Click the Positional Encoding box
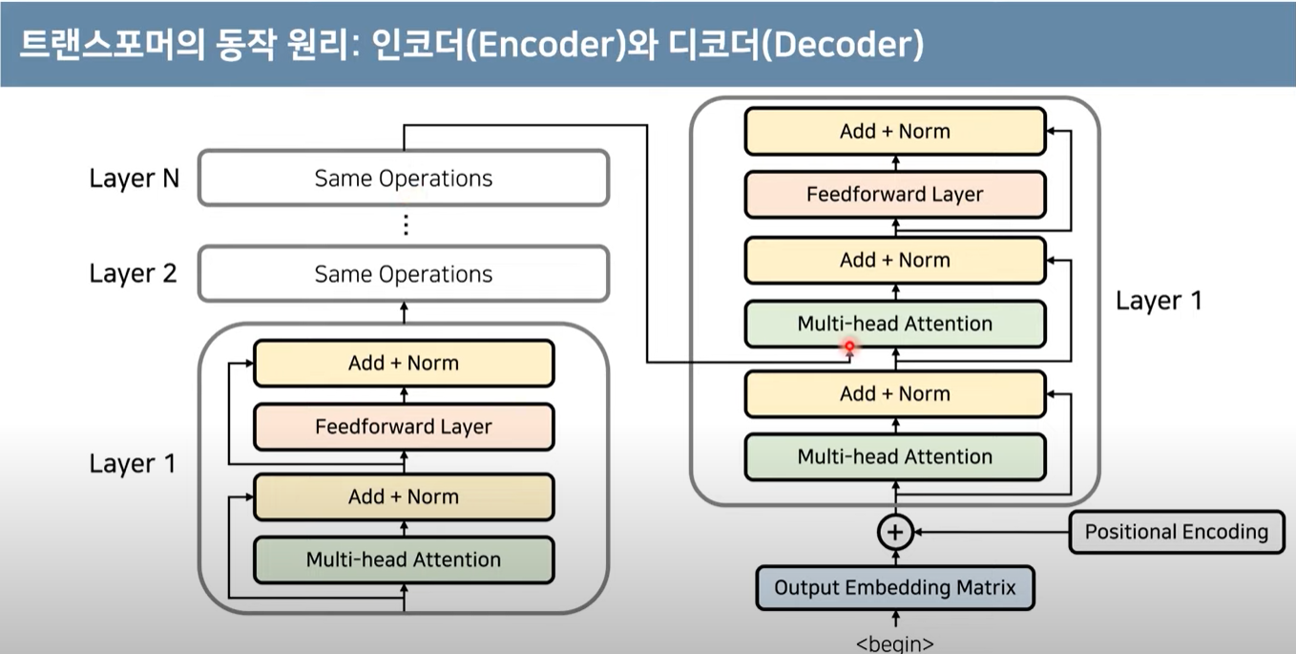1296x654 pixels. click(x=1176, y=532)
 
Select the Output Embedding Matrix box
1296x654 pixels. click(x=894, y=587)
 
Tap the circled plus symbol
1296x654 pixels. click(x=895, y=532)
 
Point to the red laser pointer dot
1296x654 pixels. click(x=849, y=348)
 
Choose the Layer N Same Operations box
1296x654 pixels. click(x=403, y=179)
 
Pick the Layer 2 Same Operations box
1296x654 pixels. click(x=403, y=274)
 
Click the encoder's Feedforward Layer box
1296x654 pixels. click(x=403, y=427)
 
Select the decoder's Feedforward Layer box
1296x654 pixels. click(x=894, y=195)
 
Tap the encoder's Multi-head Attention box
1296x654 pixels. click(x=403, y=559)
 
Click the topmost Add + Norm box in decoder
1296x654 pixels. click(x=894, y=132)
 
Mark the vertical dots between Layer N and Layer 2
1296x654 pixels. click(x=406, y=225)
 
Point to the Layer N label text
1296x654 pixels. click(x=134, y=179)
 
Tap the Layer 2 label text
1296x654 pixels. click(x=134, y=274)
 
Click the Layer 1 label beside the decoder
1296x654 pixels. click(x=1159, y=302)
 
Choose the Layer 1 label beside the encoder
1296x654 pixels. click(x=134, y=464)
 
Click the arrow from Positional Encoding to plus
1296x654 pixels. click(x=993, y=532)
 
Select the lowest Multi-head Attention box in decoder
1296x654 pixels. click(x=894, y=456)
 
